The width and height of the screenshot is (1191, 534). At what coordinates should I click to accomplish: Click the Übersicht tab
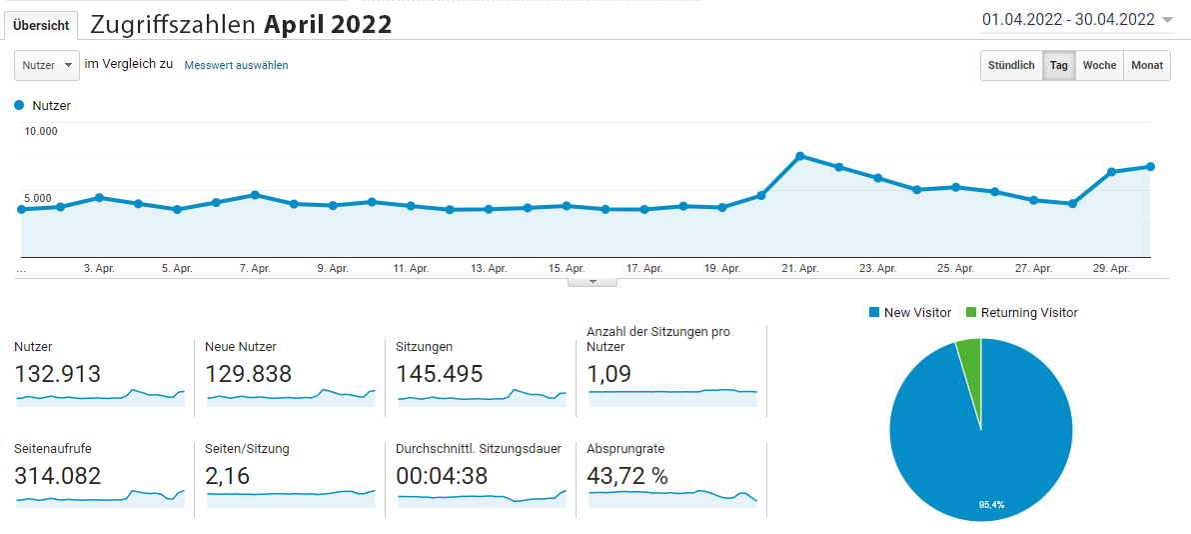[41, 25]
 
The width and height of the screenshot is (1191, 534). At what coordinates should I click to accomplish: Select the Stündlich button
[1011, 66]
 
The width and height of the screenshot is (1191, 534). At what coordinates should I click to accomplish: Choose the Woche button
[1099, 66]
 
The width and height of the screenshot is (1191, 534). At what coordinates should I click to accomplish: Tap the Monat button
[1147, 66]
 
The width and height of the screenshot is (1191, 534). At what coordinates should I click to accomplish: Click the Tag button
[1058, 66]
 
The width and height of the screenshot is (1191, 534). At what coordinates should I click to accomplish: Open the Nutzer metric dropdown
[47, 65]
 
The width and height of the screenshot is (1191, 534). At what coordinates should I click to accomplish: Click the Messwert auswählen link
[236, 66]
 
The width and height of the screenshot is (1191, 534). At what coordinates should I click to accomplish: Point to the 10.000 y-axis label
[41, 131]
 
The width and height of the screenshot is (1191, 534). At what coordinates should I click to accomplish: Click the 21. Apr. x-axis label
[800, 268]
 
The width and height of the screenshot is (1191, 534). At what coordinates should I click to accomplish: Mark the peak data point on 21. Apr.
[800, 156]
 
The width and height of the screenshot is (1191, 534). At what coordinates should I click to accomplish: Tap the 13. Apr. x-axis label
[489, 268]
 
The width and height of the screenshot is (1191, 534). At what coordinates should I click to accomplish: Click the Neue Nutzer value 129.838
[248, 374]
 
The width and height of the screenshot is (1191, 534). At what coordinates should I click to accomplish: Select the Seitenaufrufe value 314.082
[58, 476]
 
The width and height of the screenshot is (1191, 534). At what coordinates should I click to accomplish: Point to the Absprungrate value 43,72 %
[627, 476]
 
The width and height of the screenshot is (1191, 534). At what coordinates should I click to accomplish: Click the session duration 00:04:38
[442, 476]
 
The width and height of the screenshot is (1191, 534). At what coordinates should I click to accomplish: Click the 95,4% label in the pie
[991, 505]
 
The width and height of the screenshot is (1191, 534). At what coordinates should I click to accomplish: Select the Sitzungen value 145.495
[439, 374]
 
